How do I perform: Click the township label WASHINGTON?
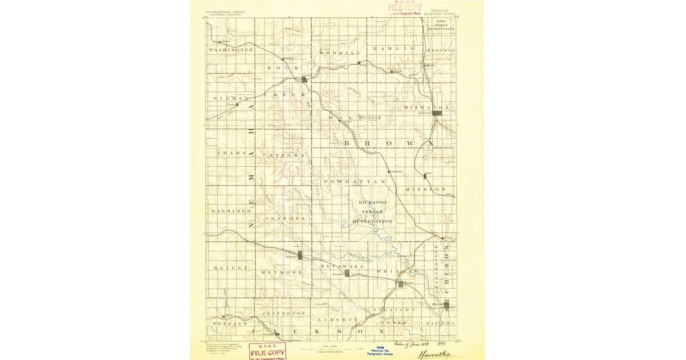tap(231, 50)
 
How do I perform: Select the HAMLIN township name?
tap(393, 49)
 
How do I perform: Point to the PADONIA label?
tap(441, 50)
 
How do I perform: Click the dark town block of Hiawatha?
tap(438, 113)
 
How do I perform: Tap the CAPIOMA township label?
tap(284, 155)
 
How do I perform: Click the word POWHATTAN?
tap(354, 181)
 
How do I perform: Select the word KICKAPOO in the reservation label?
tap(373, 203)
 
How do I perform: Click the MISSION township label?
tap(426, 189)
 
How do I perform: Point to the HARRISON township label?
tap(232, 211)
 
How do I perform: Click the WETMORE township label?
tap(281, 273)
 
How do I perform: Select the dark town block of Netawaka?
tap(346, 273)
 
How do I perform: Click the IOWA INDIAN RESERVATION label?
tap(441, 25)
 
